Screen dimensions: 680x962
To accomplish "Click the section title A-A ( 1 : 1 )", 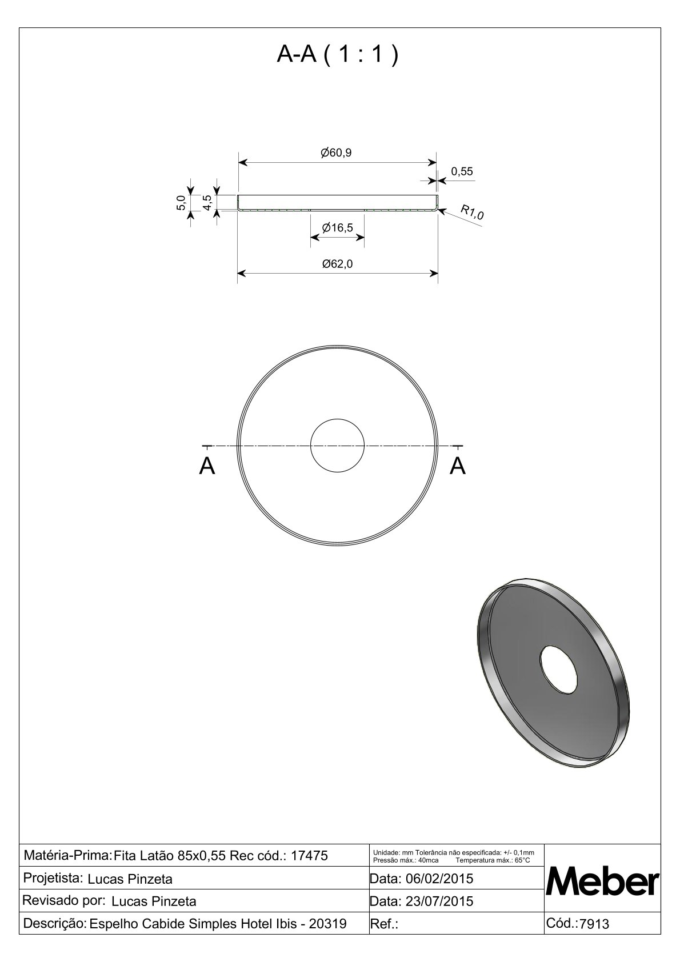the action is click(x=338, y=54).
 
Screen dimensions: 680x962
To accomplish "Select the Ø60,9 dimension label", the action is click(x=336, y=153).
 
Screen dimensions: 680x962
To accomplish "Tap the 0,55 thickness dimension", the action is click(x=462, y=172).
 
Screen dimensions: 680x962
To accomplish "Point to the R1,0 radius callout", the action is click(x=472, y=212).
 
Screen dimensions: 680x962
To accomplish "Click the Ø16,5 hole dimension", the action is click(x=337, y=227).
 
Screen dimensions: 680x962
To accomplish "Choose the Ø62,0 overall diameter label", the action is click(x=337, y=264).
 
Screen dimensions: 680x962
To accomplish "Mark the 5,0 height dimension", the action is click(x=181, y=202).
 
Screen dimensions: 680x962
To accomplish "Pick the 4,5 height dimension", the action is click(x=207, y=202).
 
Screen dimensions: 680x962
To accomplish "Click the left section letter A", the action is click(x=207, y=466).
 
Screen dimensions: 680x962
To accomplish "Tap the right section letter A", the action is click(x=458, y=466).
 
